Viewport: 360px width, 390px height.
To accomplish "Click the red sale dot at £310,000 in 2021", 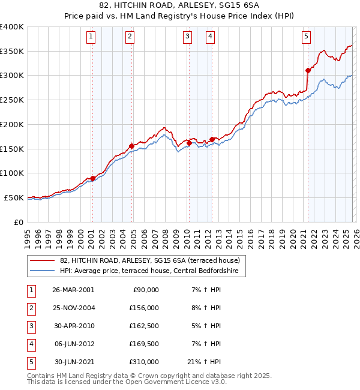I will click(x=308, y=70).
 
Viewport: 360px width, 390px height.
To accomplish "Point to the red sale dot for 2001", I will click(x=93, y=178).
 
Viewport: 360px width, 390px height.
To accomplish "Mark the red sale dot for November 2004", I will click(x=132, y=146).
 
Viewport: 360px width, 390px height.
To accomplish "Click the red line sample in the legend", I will click(x=43, y=260).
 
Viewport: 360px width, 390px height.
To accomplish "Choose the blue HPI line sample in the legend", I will click(x=43, y=271).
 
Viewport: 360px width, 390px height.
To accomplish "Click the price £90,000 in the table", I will click(x=146, y=289).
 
